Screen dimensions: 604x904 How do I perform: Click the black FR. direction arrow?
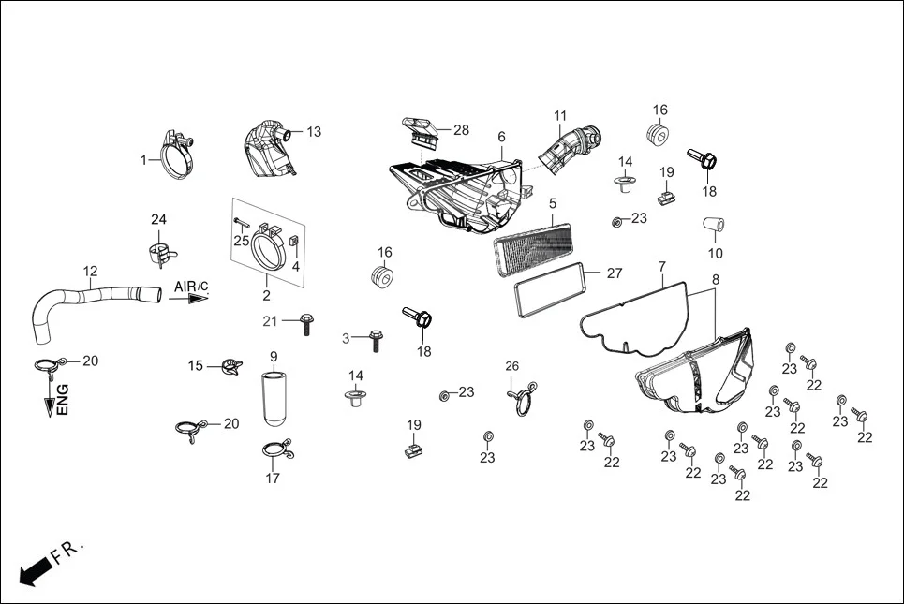tap(35, 570)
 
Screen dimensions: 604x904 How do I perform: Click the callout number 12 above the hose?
tap(90, 272)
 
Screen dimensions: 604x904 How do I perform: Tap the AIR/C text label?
tap(190, 285)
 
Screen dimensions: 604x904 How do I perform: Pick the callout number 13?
tap(313, 131)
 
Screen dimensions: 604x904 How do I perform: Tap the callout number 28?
tap(461, 129)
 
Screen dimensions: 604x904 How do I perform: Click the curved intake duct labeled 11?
tap(567, 150)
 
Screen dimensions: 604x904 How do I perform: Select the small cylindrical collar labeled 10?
tap(715, 228)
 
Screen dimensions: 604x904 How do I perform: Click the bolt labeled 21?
tap(305, 324)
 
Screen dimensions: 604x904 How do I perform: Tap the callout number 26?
tap(511, 365)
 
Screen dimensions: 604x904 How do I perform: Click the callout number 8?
tap(716, 279)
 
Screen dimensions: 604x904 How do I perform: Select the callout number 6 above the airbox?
tap(501, 137)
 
